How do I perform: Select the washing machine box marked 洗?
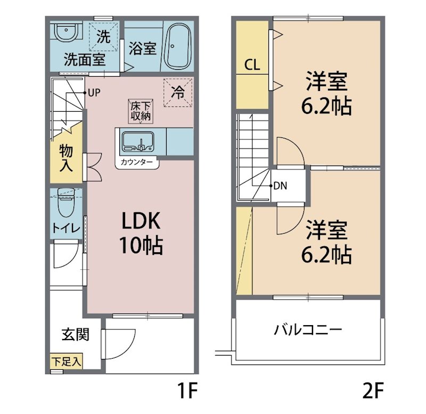104,37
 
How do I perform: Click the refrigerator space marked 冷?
177,92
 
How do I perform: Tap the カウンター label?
137,162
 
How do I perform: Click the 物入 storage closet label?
67,157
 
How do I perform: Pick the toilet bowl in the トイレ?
65,204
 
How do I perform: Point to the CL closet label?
252,65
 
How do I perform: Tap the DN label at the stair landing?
281,186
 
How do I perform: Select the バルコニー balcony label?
308,329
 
